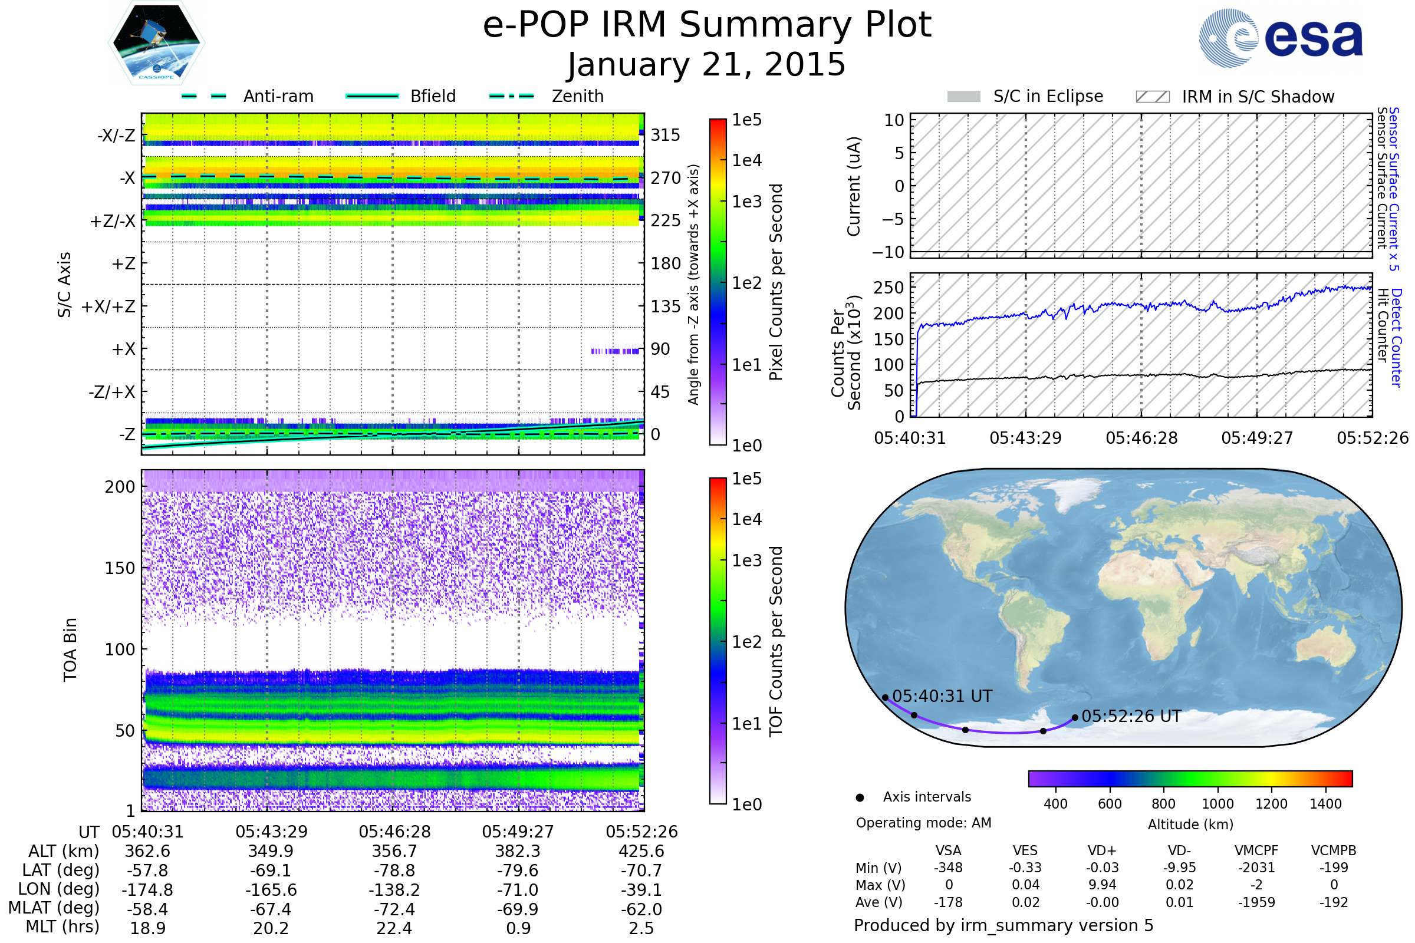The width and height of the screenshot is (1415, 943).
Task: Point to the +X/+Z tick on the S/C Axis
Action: [x=108, y=306]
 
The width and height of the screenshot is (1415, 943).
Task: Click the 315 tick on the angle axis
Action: [x=665, y=135]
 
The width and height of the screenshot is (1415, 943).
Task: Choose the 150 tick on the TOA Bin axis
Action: [x=120, y=568]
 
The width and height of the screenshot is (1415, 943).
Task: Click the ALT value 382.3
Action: [x=518, y=852]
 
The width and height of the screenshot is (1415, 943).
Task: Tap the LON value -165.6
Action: [x=271, y=890]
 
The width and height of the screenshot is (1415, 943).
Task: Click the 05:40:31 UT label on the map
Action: [x=942, y=697]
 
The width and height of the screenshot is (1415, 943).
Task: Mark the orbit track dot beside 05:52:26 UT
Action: [x=1075, y=717]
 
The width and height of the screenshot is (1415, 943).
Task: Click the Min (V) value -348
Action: [x=948, y=868]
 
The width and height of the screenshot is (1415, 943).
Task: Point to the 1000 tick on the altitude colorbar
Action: [x=1217, y=804]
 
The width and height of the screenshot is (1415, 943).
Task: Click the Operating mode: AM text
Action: [x=923, y=823]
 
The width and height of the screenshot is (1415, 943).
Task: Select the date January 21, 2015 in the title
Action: [x=706, y=65]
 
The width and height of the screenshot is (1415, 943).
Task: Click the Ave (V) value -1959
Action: [x=1256, y=903]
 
